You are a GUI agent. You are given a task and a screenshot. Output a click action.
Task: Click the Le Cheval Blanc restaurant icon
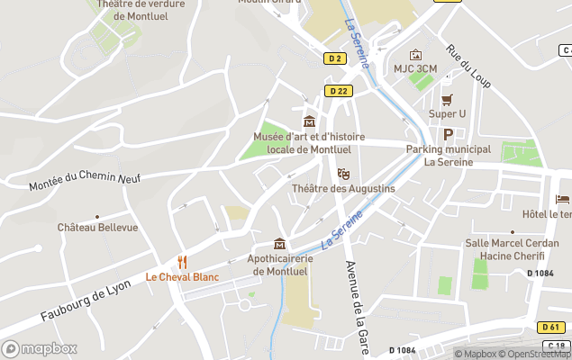coord(183,262)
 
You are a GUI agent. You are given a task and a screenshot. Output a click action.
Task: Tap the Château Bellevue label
coord(98,228)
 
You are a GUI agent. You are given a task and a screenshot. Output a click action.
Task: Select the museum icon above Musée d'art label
coord(310,121)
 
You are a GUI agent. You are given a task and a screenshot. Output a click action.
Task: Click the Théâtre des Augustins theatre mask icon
coord(343,174)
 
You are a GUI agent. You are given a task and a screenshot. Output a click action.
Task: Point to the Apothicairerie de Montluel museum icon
coord(280,244)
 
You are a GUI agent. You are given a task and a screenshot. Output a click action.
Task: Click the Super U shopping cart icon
coord(447,99)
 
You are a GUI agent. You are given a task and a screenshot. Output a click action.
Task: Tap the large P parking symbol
coord(448,133)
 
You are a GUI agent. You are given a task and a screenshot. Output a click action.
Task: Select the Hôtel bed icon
coord(563,199)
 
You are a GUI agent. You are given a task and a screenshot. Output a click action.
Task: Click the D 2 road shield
coord(335,58)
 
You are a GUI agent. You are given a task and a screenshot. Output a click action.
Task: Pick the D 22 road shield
coord(339,91)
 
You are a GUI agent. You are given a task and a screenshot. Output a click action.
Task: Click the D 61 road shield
coord(552,327)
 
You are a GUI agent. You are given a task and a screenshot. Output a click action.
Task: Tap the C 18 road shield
coord(557,346)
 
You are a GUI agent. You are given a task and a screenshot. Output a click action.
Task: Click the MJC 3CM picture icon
coord(415,55)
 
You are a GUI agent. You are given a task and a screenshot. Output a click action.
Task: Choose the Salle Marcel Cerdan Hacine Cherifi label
coord(508,249)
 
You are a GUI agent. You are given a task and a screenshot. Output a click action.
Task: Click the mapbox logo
coord(40,348)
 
